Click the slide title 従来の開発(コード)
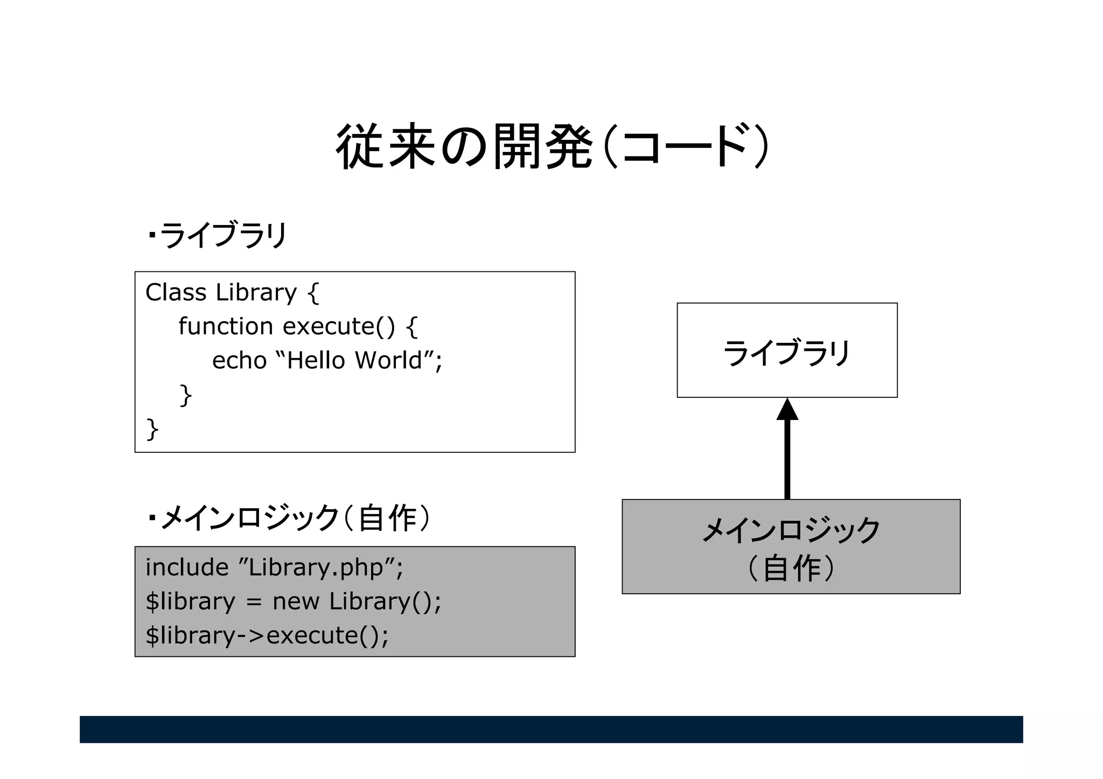click(x=551, y=146)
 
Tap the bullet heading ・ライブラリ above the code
click(x=217, y=235)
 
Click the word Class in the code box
click(x=176, y=292)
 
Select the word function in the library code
click(x=226, y=326)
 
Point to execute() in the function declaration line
click(x=339, y=326)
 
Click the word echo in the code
click(x=239, y=361)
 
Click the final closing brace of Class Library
click(x=152, y=429)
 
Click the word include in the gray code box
click(x=187, y=567)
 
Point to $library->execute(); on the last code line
click(x=267, y=635)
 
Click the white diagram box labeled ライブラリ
click(x=787, y=350)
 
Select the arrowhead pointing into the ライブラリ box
click(x=787, y=410)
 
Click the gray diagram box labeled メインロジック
click(x=791, y=546)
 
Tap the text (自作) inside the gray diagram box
click(x=791, y=567)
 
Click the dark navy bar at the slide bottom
click(x=551, y=729)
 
